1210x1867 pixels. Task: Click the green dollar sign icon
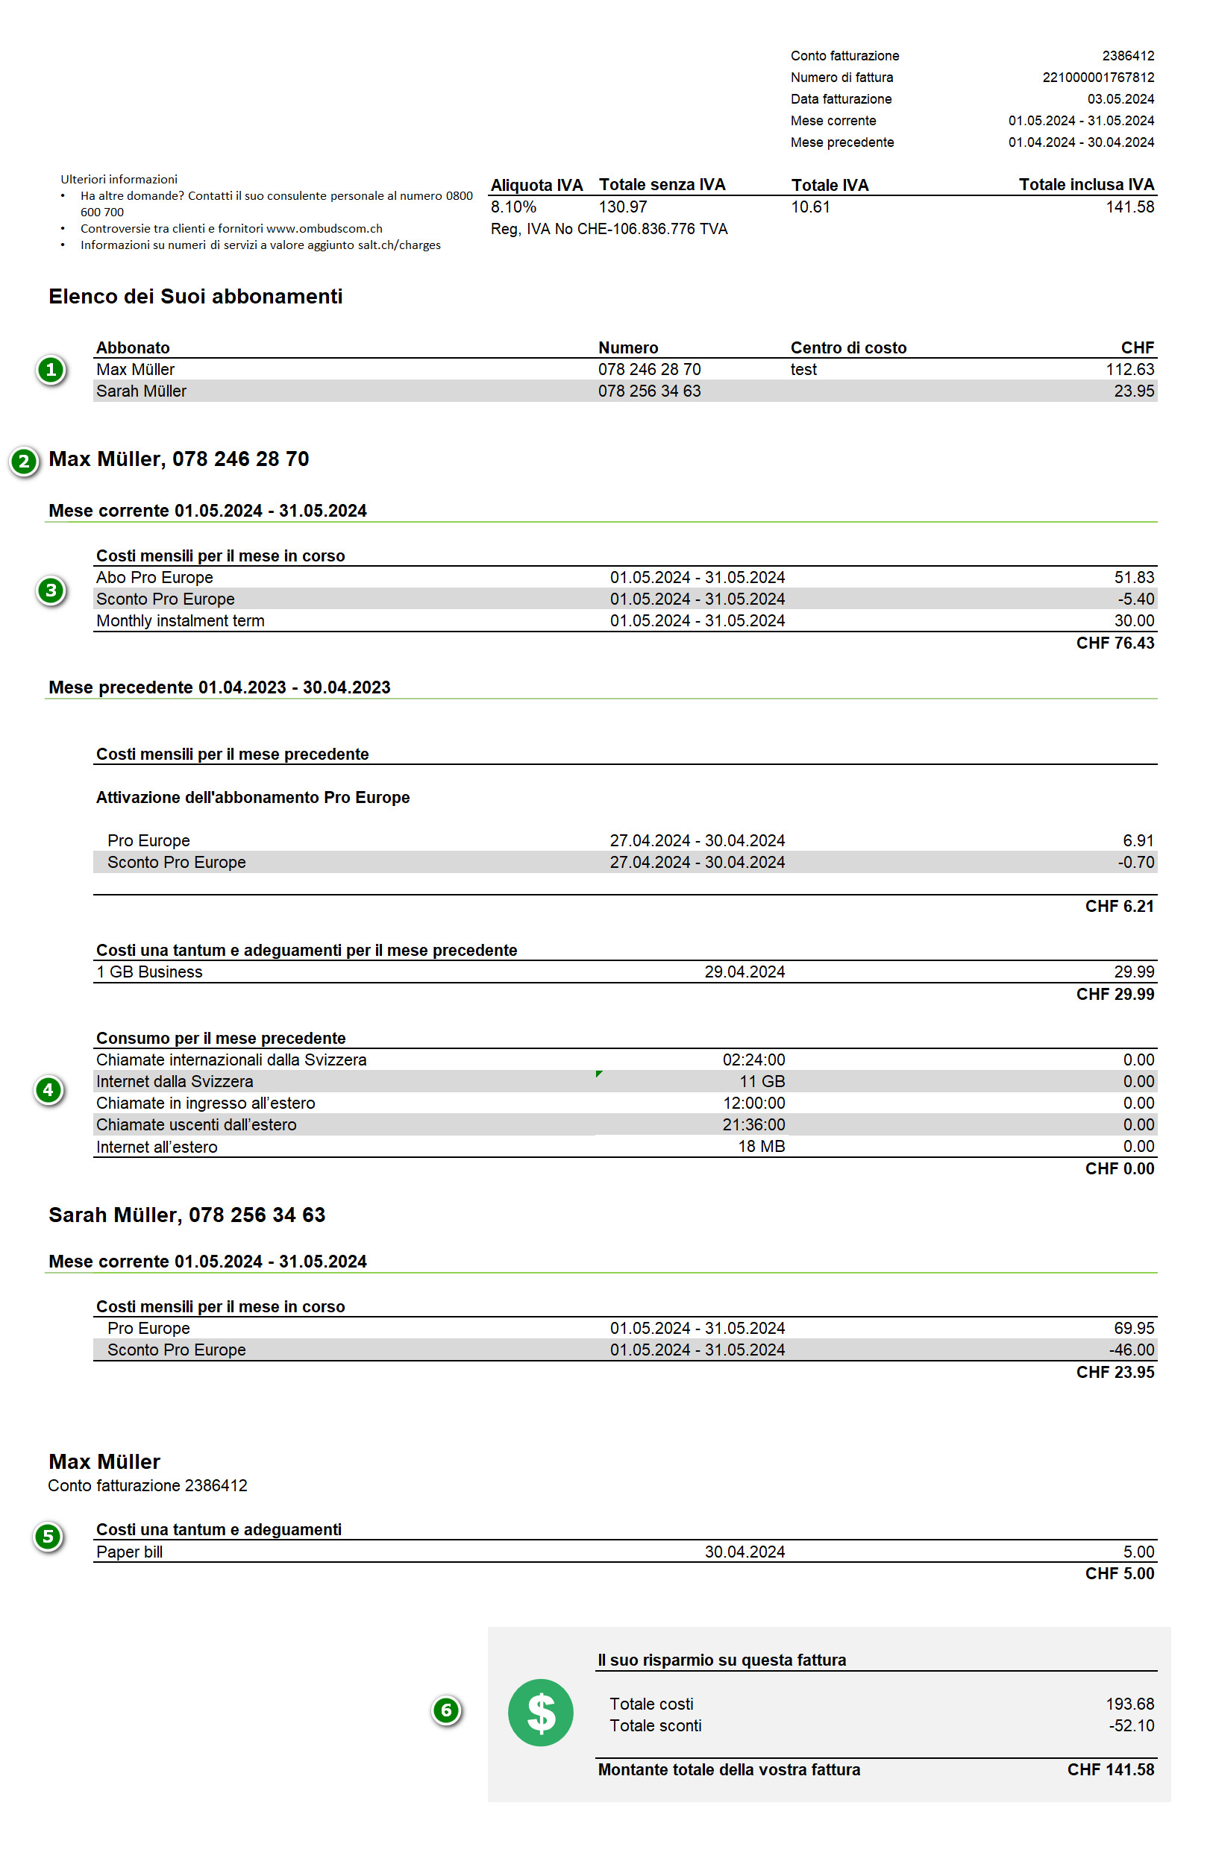(x=540, y=1712)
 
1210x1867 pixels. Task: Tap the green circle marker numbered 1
(x=51, y=370)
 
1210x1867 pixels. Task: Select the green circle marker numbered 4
(x=48, y=1089)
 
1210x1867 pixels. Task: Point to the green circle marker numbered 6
(x=445, y=1710)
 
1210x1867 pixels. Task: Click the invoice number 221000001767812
(x=1097, y=78)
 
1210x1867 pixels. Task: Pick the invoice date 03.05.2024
(x=1120, y=99)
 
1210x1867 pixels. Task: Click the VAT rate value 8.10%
(x=513, y=207)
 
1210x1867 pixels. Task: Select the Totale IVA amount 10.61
(x=810, y=207)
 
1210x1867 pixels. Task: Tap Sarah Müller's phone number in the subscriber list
(x=649, y=391)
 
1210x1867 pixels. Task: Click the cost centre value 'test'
(x=803, y=370)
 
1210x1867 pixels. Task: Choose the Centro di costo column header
(x=847, y=347)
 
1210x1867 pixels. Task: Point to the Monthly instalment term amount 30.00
(x=1134, y=620)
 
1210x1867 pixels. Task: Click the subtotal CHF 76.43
(x=1115, y=643)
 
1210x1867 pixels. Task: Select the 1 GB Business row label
(x=149, y=972)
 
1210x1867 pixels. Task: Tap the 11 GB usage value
(x=761, y=1082)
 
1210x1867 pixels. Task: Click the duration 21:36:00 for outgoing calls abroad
(x=753, y=1125)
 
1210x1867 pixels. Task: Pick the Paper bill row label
(x=130, y=1552)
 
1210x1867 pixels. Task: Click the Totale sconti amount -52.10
(x=1131, y=1726)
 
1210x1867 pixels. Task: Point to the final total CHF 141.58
(x=1109, y=1770)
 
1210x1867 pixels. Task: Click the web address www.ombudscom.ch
(x=324, y=228)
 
